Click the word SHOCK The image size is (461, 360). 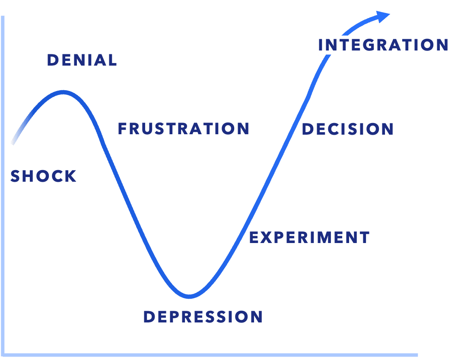coord(43,176)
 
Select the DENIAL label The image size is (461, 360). coord(82,60)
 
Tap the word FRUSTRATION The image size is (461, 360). coord(184,129)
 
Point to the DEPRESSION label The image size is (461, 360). coord(203,317)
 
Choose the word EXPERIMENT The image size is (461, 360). coord(309,237)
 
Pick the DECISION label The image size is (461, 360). coord(347,129)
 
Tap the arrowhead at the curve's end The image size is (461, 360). coord(383,16)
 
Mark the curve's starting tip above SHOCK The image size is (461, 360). coord(13,142)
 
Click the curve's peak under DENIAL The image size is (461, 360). coord(64,92)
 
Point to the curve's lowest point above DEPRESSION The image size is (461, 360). coord(189,297)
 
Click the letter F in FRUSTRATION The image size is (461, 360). coord(123,129)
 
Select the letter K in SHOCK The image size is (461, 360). coord(70,176)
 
